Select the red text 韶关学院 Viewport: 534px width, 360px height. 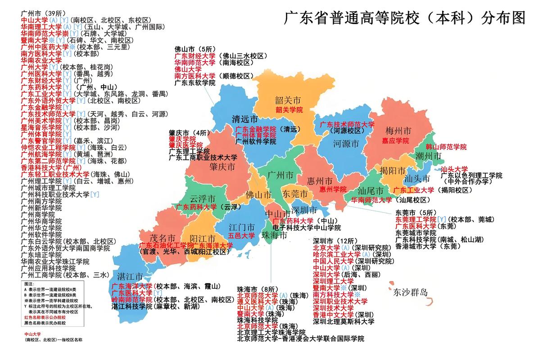point(289,110)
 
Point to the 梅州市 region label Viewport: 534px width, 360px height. point(398,131)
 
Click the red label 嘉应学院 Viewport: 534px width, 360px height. point(395,141)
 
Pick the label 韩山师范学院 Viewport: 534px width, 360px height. point(446,147)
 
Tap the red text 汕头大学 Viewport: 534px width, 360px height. point(454,169)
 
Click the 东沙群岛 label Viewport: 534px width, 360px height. point(410,293)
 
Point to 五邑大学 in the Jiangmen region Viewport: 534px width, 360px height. point(241,235)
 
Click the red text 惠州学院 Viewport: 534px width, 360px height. point(333,189)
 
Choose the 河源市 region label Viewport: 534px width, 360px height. point(346,144)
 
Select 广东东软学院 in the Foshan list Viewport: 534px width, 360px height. point(195,83)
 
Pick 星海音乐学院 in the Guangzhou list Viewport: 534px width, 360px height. point(41,127)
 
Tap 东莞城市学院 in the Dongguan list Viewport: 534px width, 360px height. point(416,233)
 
